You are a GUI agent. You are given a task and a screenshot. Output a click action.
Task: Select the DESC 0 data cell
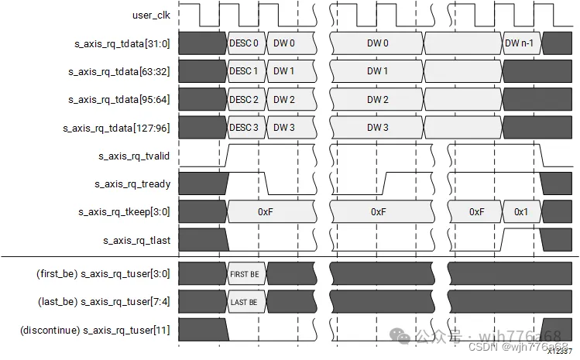[244, 43]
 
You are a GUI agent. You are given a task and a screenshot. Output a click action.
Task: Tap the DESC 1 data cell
[244, 71]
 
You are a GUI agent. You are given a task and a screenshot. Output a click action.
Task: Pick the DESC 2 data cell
[244, 100]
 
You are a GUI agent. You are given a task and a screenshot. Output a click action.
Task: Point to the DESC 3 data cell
[244, 128]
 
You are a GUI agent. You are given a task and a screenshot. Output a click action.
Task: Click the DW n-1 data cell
[520, 43]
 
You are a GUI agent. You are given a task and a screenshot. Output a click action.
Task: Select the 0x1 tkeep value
[520, 212]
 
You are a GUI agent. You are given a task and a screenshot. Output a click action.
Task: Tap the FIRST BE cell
[244, 274]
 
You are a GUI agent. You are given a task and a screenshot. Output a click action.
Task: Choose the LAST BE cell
[244, 302]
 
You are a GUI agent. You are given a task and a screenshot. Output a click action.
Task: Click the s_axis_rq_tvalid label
[134, 156]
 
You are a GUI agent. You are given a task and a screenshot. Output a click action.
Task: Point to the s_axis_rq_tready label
[132, 184]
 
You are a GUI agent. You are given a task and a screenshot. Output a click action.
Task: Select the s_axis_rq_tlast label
[136, 241]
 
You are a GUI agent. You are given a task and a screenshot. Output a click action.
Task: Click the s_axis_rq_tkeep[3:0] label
[124, 212]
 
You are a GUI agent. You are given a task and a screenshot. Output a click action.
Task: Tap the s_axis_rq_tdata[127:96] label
[118, 128]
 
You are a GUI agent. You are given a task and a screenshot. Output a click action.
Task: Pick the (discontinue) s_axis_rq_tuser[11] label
[94, 331]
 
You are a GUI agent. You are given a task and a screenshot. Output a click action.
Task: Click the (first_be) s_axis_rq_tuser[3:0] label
[103, 274]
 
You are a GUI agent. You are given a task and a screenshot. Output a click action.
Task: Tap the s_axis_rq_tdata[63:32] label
[120, 71]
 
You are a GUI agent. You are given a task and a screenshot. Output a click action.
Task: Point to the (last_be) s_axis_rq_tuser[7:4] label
[104, 302]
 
